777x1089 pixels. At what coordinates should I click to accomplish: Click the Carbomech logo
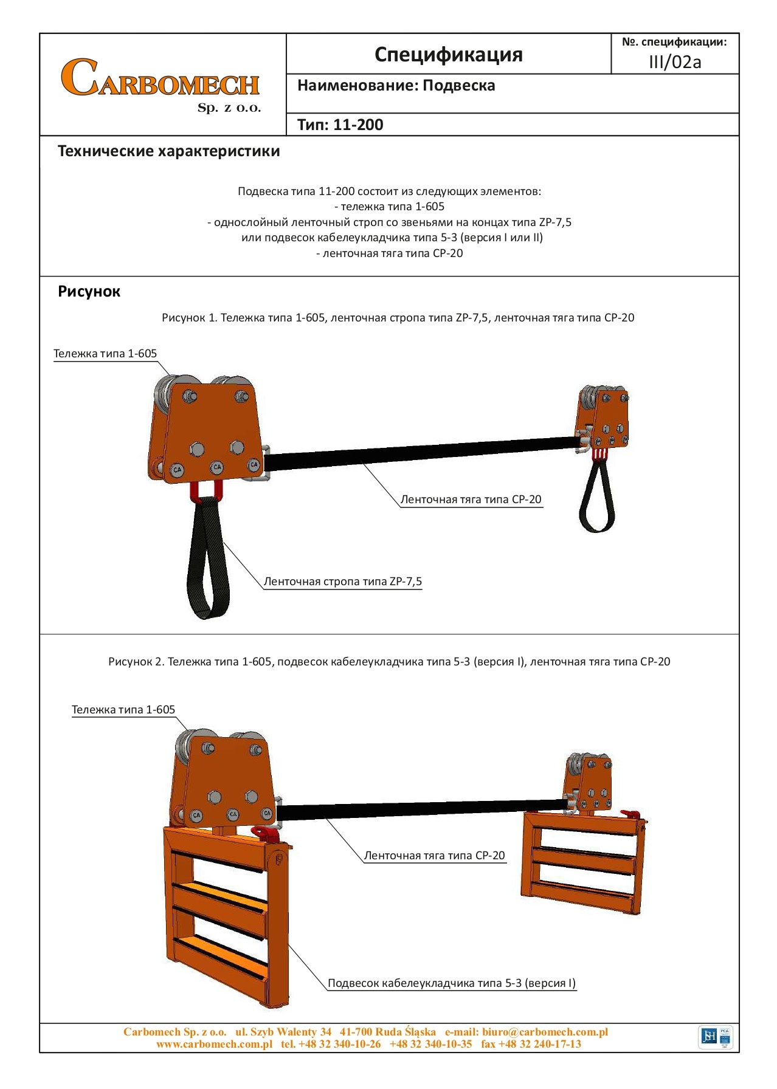[161, 84]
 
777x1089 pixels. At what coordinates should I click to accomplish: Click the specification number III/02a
[675, 62]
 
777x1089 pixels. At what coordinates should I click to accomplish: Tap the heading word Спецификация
[448, 55]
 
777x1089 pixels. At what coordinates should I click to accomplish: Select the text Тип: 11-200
[340, 125]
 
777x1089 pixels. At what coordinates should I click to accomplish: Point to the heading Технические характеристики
[168, 151]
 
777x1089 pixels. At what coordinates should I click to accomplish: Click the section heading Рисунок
[89, 292]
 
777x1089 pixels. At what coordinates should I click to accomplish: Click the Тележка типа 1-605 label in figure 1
[105, 354]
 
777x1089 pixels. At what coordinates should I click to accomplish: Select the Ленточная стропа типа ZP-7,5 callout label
[342, 582]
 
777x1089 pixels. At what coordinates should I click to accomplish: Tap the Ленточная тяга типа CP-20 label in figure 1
[471, 500]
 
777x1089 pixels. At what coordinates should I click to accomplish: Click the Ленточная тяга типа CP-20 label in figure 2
[434, 856]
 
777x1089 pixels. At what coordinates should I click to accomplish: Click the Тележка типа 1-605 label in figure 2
[123, 710]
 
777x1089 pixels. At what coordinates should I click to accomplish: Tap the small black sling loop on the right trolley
[597, 498]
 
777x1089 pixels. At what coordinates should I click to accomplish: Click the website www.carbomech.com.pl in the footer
[214, 1044]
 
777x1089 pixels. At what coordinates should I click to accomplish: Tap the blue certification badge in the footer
[716, 1037]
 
